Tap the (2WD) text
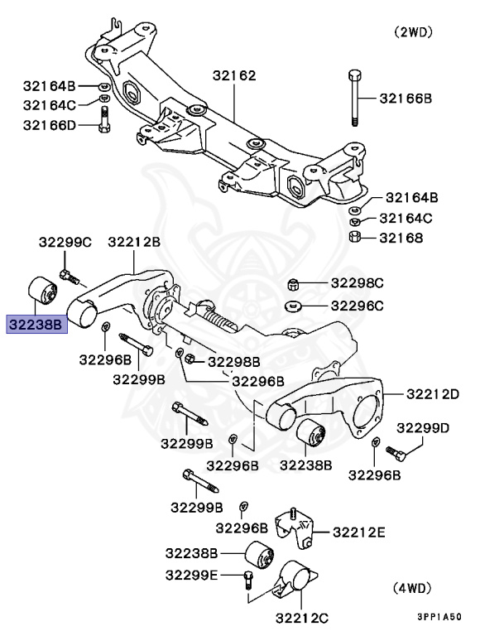tap(413, 32)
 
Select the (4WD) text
tap(411, 588)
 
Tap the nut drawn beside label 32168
tap(353, 238)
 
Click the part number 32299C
tap(65, 242)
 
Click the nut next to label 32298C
tap(292, 286)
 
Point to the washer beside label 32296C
tap(293, 306)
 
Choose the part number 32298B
tap(233, 361)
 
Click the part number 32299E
tap(191, 575)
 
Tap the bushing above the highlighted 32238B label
tap(41, 291)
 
